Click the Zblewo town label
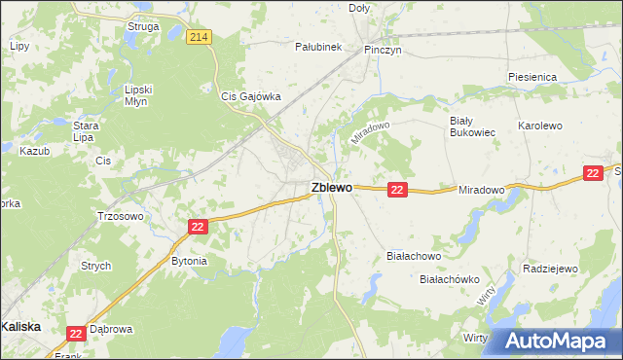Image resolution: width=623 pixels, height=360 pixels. (x=332, y=187)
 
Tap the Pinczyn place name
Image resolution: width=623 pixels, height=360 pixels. (x=383, y=48)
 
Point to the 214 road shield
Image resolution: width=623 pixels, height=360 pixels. (x=200, y=37)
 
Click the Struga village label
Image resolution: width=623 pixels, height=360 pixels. (x=143, y=26)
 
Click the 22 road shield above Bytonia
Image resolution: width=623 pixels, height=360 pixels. (x=198, y=227)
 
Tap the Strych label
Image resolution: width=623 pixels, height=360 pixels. (x=96, y=266)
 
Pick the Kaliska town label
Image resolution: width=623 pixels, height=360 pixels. (x=21, y=327)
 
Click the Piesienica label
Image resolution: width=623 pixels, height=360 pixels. (x=531, y=76)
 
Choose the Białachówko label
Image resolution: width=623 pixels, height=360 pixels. (x=450, y=278)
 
